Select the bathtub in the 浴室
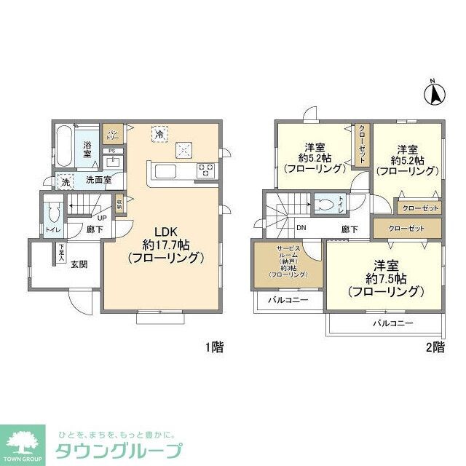pyautogui.click(x=63, y=149)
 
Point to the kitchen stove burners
pyautogui.click(x=207, y=172)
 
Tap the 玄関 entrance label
pyautogui.click(x=79, y=264)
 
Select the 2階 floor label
pyautogui.click(x=434, y=347)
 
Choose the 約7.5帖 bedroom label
pyautogui.click(x=385, y=277)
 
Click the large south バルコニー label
pyautogui.click(x=393, y=323)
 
